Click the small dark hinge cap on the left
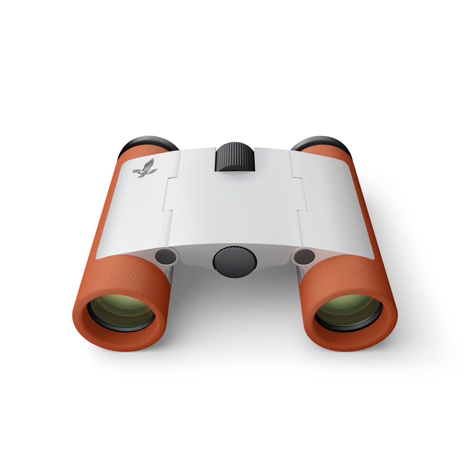pyautogui.click(x=166, y=256)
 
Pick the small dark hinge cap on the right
pyautogui.click(x=304, y=256)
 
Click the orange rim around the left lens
pyautogui.click(x=88, y=332)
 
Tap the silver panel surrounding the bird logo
pyautogui.click(x=138, y=206)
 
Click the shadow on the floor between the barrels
pyautogui.click(x=235, y=308)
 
